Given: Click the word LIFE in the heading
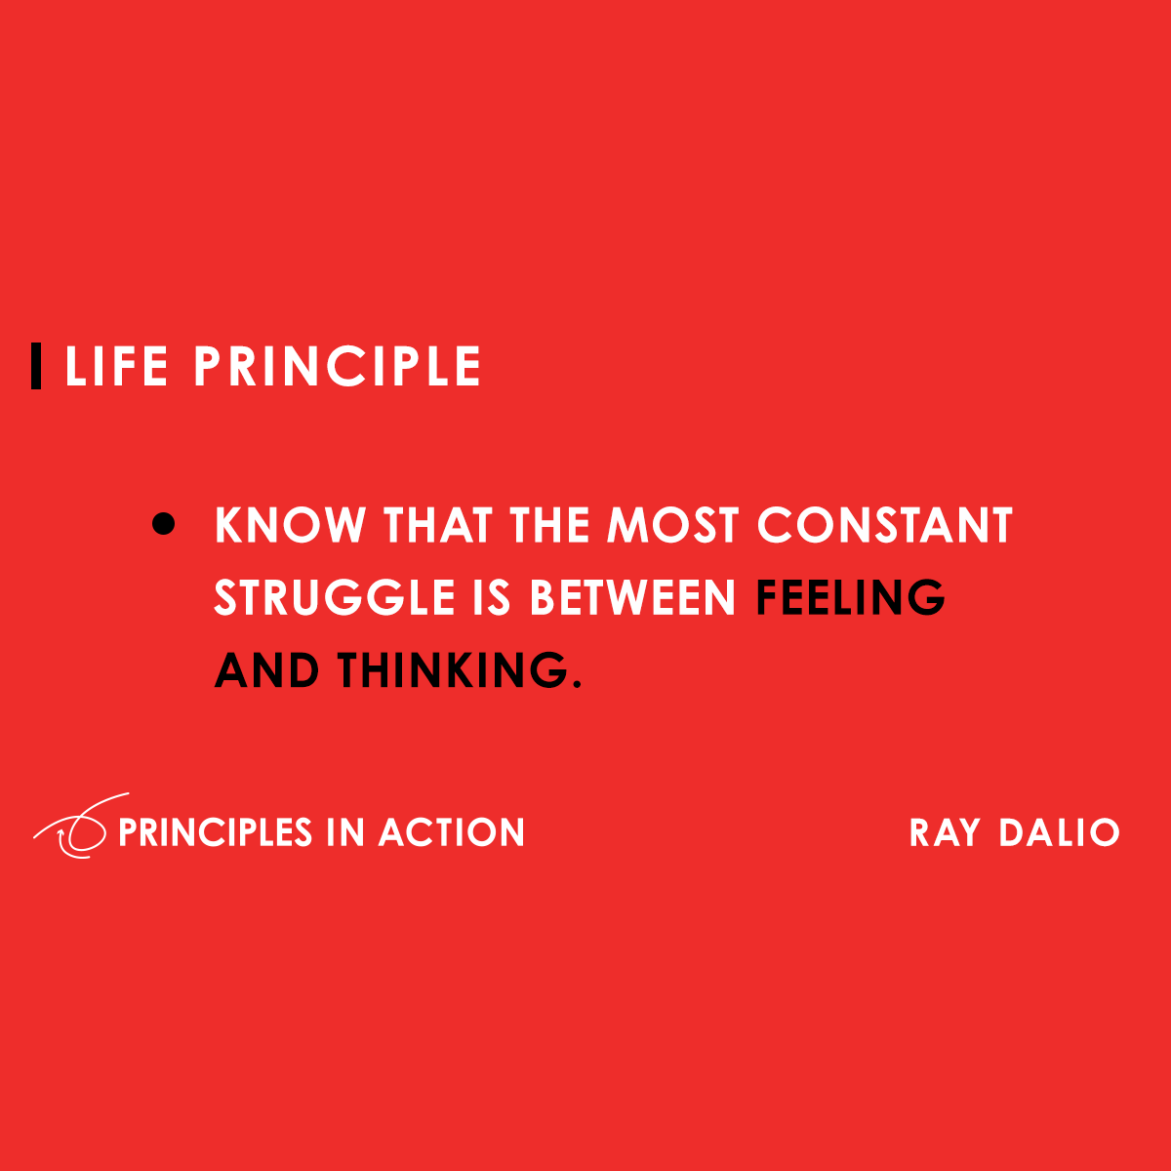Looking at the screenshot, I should [116, 367].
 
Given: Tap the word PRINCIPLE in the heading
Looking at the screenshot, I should [337, 367].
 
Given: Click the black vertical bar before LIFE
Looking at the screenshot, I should [36, 367].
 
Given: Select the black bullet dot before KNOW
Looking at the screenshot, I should [164, 525].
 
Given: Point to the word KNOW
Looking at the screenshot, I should [290, 526].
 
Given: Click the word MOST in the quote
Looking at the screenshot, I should [672, 526].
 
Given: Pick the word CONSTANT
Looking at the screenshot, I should [885, 526].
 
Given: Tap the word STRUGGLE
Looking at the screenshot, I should [335, 598].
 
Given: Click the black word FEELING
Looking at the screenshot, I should [851, 598].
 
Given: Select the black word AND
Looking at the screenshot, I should [266, 671].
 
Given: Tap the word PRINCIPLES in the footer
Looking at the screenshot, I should [215, 833].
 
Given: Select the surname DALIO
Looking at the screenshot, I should [1059, 833].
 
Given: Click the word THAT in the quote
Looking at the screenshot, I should [438, 526].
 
